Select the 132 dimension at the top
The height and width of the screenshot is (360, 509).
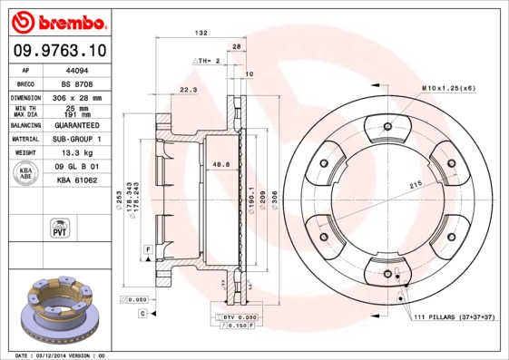[202, 33]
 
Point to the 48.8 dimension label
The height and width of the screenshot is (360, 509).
[219, 163]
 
